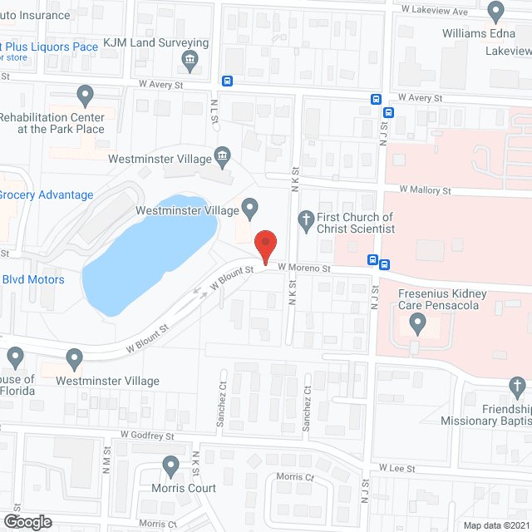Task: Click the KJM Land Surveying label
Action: click(155, 42)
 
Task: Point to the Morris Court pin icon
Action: click(171, 465)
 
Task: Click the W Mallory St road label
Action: click(425, 190)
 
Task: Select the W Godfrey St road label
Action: click(146, 435)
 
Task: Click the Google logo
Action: click(27, 522)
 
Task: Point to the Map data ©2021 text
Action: click(495, 525)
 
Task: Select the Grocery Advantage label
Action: click(47, 195)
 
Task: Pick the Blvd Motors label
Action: click(33, 279)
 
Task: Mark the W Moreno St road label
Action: click(304, 268)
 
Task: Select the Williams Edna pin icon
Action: click(496, 12)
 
